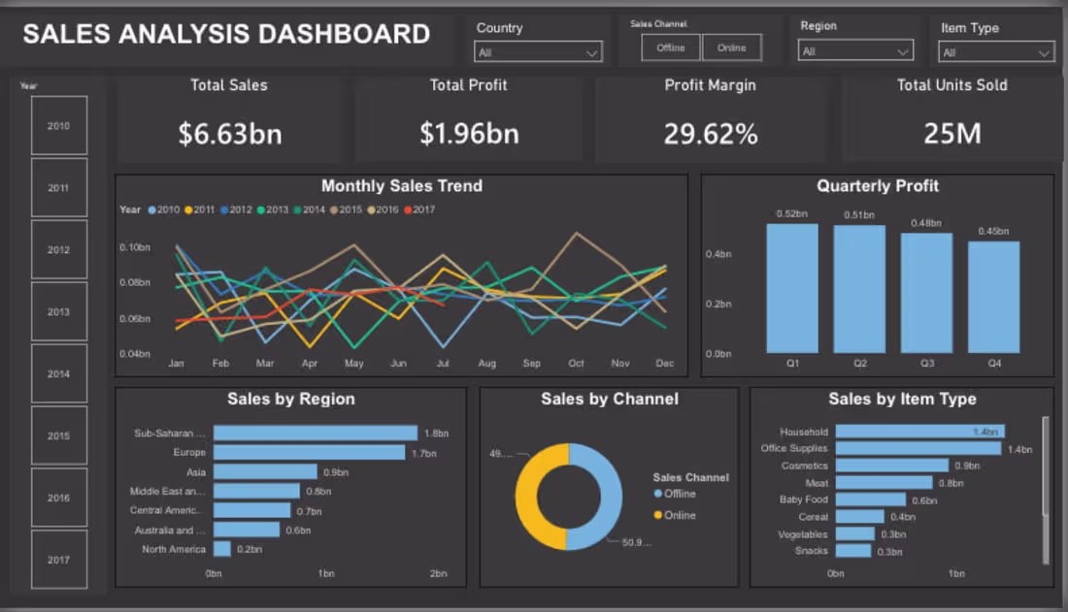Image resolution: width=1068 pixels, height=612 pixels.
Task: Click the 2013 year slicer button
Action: (x=59, y=312)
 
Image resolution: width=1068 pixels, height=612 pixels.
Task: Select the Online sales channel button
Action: (x=732, y=48)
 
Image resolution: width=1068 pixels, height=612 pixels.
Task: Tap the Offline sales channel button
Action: (x=671, y=48)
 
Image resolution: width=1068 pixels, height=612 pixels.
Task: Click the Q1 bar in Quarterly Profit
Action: (x=792, y=288)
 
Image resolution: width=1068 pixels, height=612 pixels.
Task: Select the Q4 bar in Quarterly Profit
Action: (x=993, y=297)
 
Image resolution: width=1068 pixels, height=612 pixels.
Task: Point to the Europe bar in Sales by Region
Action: (x=309, y=452)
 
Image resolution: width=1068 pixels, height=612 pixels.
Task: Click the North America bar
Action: (x=222, y=549)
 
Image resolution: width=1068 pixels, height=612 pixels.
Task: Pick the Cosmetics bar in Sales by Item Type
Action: (x=891, y=466)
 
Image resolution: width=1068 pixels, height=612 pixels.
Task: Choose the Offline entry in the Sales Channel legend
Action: (x=679, y=495)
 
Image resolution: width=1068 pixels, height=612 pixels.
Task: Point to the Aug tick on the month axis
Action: (x=486, y=364)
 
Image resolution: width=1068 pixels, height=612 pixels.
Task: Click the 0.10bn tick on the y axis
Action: (x=135, y=247)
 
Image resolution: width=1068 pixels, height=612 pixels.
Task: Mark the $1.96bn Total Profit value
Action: (x=469, y=134)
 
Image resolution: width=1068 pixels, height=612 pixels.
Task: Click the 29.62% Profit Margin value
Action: (x=711, y=134)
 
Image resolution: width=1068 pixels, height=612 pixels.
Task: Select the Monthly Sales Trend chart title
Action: (x=401, y=186)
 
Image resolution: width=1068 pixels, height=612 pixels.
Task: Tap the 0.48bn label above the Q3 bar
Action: (x=926, y=223)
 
